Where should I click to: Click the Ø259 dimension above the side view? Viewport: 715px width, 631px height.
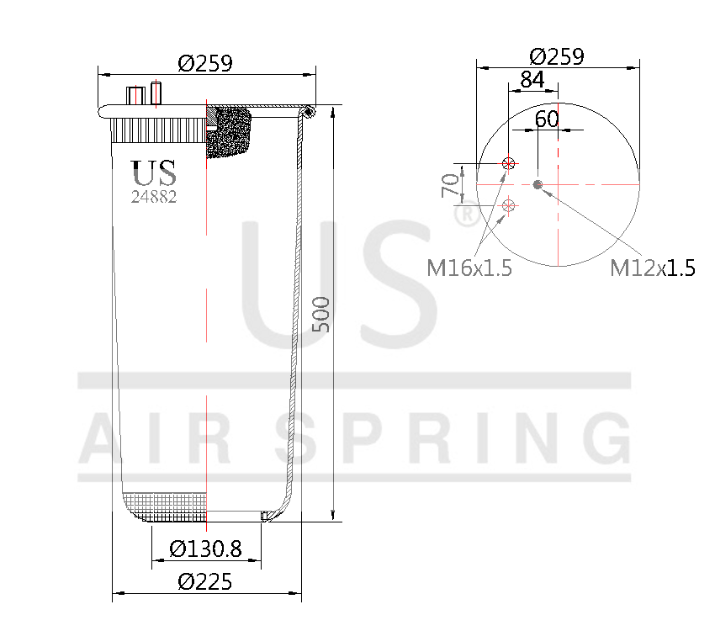tap(205, 63)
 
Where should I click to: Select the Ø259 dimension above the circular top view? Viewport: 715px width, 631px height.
tap(557, 56)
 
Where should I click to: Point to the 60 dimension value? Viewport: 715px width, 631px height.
tap(547, 119)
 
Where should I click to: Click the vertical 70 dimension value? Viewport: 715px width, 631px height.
tap(451, 183)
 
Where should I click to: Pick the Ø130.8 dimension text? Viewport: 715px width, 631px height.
tap(205, 549)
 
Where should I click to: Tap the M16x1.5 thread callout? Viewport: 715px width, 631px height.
tap(469, 268)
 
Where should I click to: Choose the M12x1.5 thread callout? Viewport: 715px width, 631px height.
tap(652, 268)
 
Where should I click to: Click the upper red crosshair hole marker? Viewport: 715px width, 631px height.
tap(508, 163)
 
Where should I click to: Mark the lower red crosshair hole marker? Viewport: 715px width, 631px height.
tap(508, 205)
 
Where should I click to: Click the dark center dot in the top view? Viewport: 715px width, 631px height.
tap(538, 184)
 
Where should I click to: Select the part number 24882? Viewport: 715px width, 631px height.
tap(154, 198)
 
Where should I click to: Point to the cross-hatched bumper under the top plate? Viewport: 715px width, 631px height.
tap(232, 132)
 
